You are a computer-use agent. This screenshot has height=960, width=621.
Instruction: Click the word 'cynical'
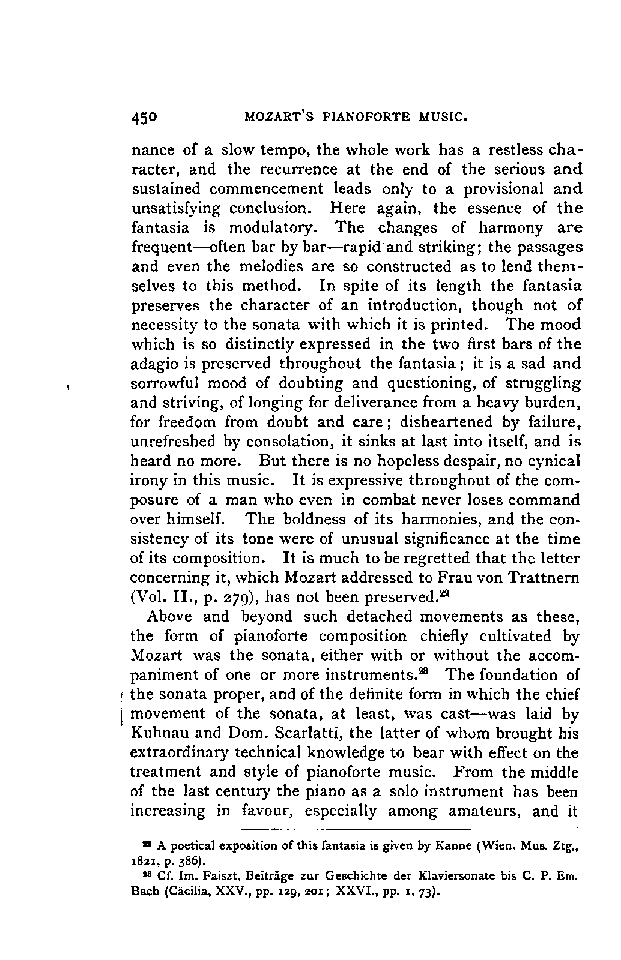550,461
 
